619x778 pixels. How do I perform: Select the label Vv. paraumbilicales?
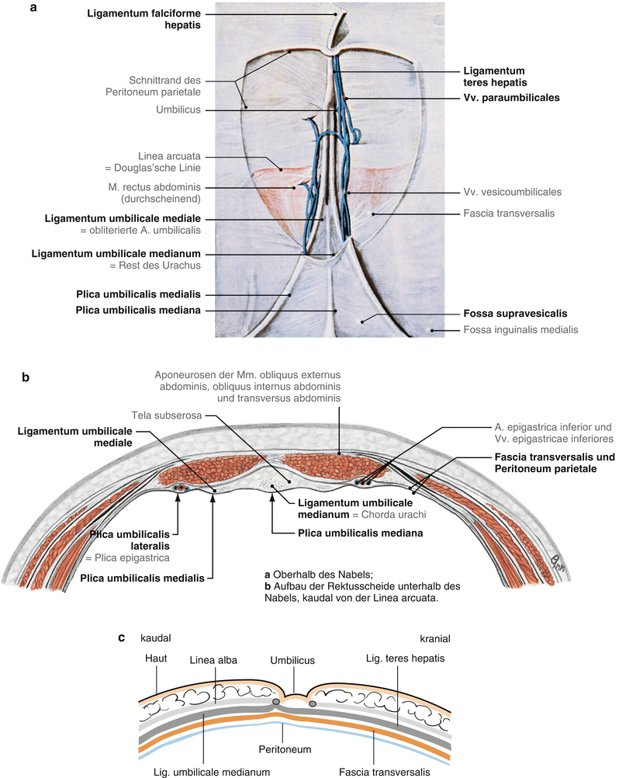pyautogui.click(x=511, y=98)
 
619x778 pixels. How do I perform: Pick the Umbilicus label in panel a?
pyautogui.click(x=178, y=110)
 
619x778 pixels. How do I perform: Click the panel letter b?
pyautogui.click(x=26, y=378)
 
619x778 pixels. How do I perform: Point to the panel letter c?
pyautogui.click(x=122, y=638)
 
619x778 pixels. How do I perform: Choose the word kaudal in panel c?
pyautogui.click(x=155, y=639)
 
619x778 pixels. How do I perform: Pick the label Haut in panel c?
pyautogui.click(x=156, y=658)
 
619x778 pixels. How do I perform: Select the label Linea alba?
pyautogui.click(x=211, y=660)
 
